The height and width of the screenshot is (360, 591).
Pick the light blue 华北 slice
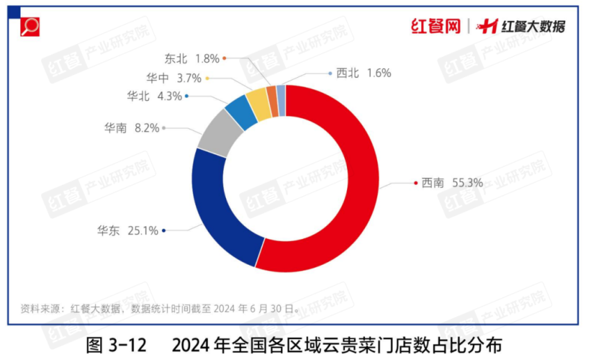click(242, 111)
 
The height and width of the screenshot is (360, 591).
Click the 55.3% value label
click(467, 183)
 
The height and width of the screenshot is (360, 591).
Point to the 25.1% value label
click(143, 231)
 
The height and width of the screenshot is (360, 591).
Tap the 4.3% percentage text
click(169, 97)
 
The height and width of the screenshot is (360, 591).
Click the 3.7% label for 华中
click(188, 77)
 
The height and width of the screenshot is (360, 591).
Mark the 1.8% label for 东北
click(207, 58)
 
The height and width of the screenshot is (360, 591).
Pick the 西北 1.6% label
click(364, 72)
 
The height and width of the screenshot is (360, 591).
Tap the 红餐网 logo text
click(435, 26)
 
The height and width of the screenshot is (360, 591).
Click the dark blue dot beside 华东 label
click(163, 231)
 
